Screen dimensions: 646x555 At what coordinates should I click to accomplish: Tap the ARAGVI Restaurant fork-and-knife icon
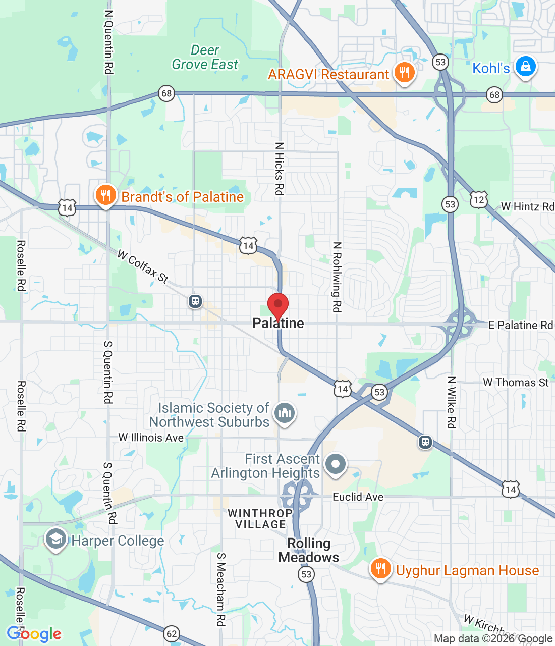click(404, 73)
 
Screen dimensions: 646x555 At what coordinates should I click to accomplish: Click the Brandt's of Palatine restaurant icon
click(105, 195)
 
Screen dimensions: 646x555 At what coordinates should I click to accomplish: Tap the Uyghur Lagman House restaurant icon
click(380, 569)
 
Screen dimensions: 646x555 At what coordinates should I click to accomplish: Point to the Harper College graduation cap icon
click(55, 540)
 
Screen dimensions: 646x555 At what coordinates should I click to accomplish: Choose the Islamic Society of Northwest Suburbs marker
click(285, 413)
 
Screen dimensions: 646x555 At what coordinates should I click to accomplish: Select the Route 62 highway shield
click(172, 633)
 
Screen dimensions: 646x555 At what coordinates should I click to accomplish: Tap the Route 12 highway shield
click(479, 199)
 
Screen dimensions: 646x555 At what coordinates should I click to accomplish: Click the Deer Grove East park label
click(205, 58)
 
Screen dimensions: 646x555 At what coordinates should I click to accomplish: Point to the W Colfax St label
click(143, 266)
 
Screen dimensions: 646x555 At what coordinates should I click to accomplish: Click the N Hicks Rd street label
click(279, 169)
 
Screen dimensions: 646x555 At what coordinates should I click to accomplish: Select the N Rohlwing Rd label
click(337, 277)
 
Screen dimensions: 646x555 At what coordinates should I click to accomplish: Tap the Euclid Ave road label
click(358, 497)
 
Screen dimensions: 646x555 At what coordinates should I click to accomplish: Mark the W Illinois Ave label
click(151, 438)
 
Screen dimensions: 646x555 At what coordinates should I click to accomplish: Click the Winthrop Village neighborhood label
click(260, 519)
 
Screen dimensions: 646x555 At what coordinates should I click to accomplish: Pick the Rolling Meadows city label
click(309, 550)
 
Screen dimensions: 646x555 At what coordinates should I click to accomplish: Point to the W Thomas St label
click(516, 383)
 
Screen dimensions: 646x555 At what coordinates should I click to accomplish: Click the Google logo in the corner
click(34, 634)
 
